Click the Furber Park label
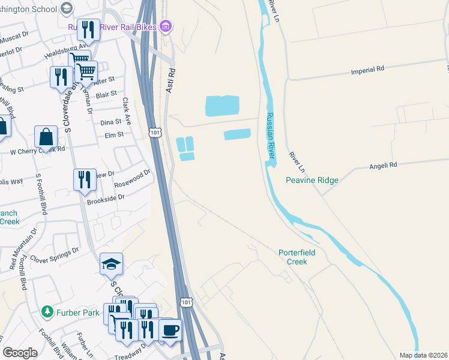pyautogui.click(x=75, y=312)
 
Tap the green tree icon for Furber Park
pyautogui.click(x=47, y=312)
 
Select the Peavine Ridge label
pyautogui.click(x=312, y=180)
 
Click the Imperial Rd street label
pyautogui.click(x=367, y=70)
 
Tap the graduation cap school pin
pyautogui.click(x=111, y=264)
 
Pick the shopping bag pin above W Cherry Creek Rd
pyautogui.click(x=46, y=137)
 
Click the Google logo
pyautogui.click(x=20, y=353)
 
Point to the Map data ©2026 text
pyautogui.click(x=423, y=355)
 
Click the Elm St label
pyautogui.click(x=113, y=135)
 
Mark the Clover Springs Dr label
pyautogui.click(x=59, y=254)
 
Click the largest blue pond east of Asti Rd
pyautogui.click(x=222, y=106)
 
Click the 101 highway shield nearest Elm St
pyautogui.click(x=155, y=131)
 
